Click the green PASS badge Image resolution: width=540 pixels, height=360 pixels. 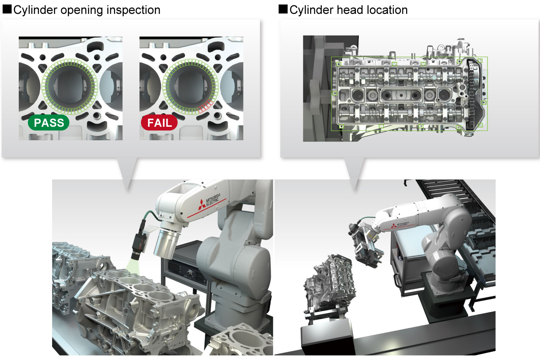[49, 123]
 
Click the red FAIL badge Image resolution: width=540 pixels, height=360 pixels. [159, 123]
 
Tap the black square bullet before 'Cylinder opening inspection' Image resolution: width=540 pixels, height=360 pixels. [7, 9]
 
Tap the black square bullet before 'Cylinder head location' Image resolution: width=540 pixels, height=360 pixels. [283, 9]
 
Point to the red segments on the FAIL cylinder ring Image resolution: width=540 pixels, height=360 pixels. [206, 106]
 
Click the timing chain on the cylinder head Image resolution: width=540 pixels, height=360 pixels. [472, 94]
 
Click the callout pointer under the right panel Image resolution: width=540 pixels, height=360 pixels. [355, 171]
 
